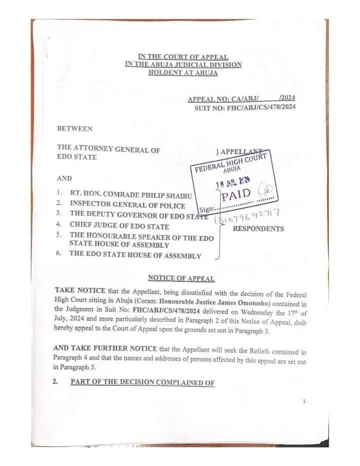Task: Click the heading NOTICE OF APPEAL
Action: coord(181,278)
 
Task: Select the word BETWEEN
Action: coord(74,129)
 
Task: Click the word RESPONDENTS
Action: coord(258,229)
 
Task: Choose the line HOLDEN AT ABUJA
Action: coord(183,72)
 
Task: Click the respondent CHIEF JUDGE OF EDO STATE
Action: coord(119,226)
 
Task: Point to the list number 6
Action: coord(58,253)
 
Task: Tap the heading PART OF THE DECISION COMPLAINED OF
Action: coord(142,383)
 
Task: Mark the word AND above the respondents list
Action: coord(64,178)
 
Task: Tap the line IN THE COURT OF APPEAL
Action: coord(183,57)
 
